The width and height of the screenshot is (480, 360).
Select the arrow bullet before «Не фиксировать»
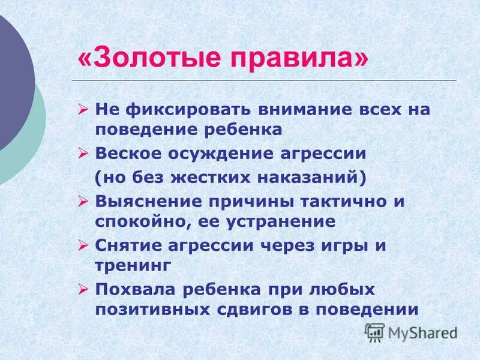(x=83, y=110)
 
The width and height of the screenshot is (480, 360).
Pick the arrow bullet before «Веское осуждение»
(x=83, y=154)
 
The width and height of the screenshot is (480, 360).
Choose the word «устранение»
(x=281, y=221)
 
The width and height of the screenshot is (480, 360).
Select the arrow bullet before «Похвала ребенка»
(x=83, y=290)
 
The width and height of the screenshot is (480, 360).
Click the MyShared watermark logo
(x=411, y=332)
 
